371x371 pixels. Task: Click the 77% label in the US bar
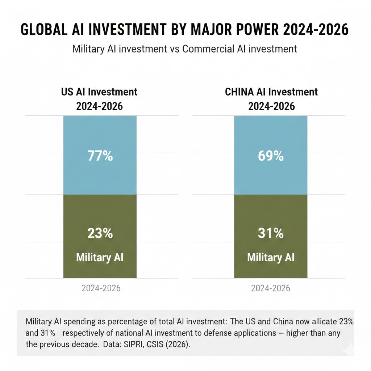tap(100, 156)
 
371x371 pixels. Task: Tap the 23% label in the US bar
tap(100, 233)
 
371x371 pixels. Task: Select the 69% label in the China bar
tap(271, 156)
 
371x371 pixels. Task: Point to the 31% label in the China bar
tap(271, 233)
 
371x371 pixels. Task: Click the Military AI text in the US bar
tap(100, 258)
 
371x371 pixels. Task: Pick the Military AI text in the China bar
tap(271, 258)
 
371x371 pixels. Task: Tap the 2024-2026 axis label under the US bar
tap(101, 288)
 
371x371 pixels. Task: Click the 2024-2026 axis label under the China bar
tap(271, 288)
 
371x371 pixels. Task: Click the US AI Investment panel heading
tap(99, 92)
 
